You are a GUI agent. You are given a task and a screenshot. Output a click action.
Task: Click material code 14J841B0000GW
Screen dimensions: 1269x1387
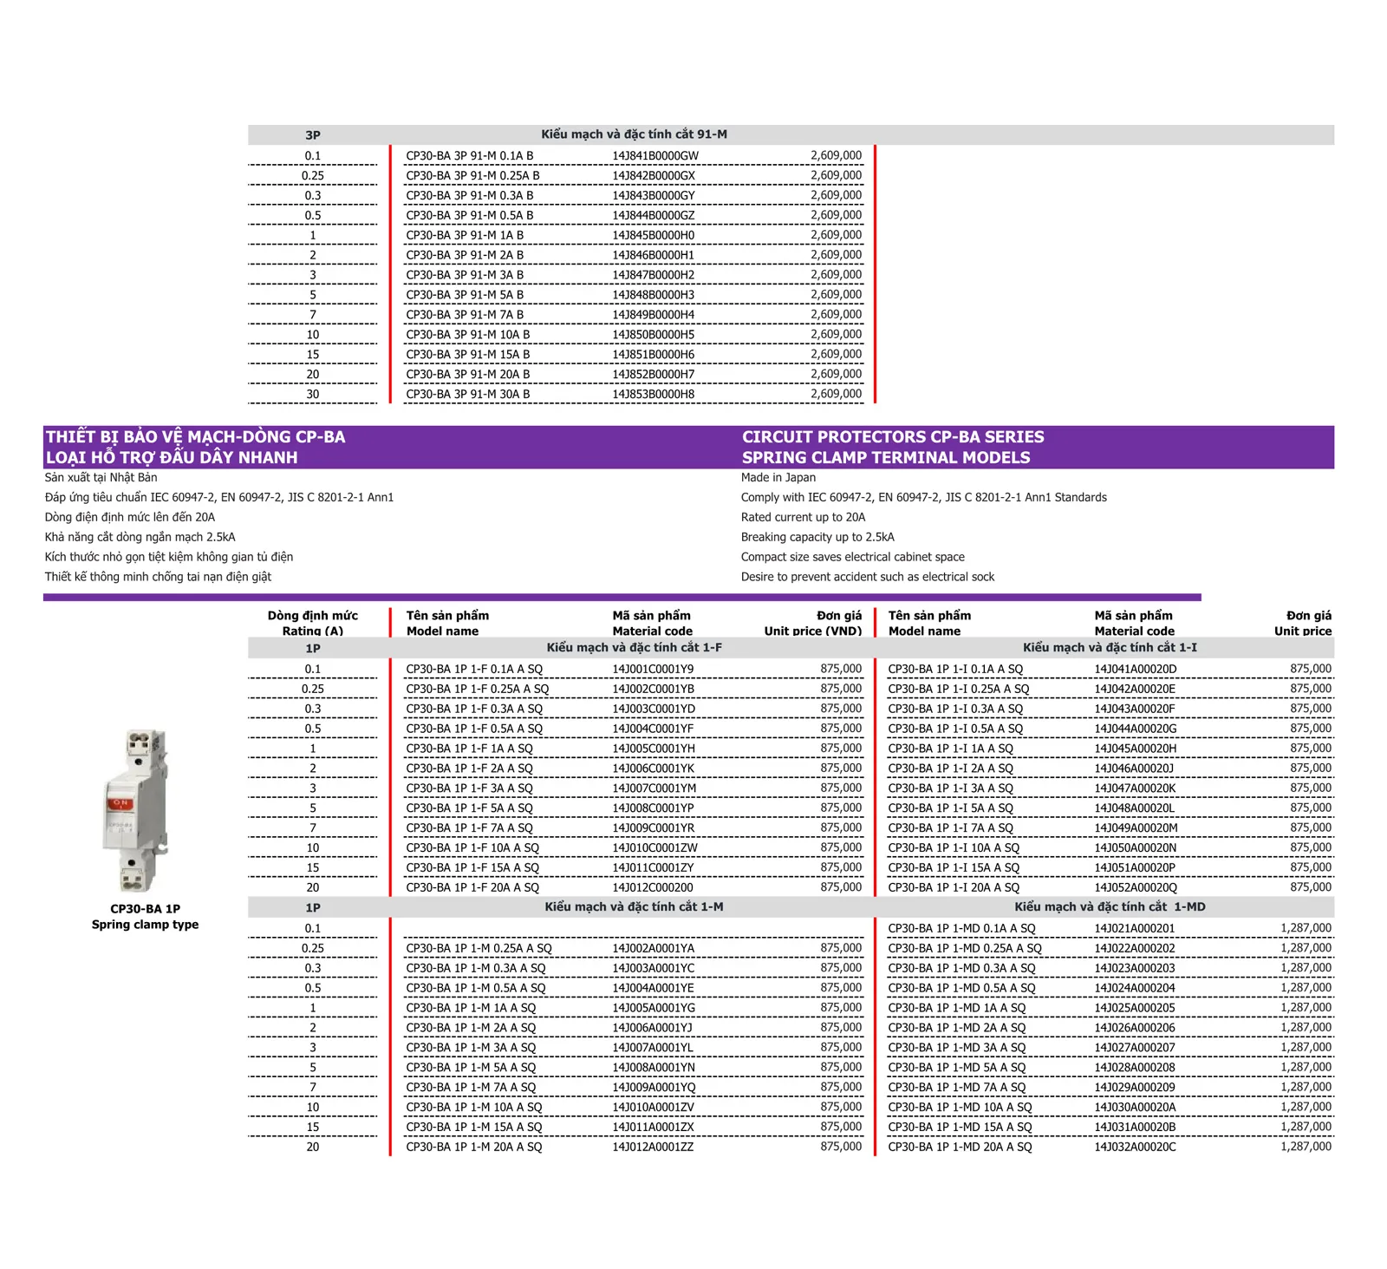(x=654, y=156)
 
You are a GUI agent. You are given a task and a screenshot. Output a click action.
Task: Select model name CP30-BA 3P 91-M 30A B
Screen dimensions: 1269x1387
(x=467, y=395)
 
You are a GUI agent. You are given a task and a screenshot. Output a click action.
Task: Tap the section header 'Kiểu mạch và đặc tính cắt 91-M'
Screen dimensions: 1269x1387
(x=634, y=134)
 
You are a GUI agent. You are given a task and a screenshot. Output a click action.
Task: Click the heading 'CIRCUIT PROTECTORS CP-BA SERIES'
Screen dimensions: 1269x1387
(x=892, y=437)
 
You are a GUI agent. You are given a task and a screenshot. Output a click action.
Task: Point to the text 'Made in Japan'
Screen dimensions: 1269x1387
(x=778, y=478)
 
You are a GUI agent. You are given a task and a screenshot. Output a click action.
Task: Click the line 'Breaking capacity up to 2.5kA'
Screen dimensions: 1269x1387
(x=817, y=538)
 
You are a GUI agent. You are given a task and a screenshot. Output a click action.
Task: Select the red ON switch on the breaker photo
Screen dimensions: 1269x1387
(x=120, y=803)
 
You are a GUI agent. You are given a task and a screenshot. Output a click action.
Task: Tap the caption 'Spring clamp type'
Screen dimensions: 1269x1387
(x=145, y=925)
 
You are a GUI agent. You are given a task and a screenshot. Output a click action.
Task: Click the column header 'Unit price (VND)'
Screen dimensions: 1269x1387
(x=812, y=631)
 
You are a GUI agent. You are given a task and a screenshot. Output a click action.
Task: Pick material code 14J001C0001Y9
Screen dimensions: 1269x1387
(x=653, y=670)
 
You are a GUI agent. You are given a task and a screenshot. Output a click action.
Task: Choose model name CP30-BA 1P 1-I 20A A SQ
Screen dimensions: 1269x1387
(x=953, y=888)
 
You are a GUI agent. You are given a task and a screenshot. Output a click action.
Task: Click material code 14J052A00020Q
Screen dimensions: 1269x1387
(x=1135, y=888)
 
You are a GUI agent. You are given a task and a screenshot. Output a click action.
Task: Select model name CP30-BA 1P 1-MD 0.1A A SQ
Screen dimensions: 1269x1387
(x=961, y=929)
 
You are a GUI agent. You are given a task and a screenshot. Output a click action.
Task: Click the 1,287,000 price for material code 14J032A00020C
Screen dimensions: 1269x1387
(x=1306, y=1148)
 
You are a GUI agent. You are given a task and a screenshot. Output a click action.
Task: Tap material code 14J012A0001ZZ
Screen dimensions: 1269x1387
(x=653, y=1148)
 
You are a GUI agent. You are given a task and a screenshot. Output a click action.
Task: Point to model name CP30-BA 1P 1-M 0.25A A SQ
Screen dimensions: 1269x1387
(x=479, y=949)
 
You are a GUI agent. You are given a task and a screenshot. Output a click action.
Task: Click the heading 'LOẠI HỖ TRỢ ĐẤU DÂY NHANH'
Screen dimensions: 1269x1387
(x=172, y=458)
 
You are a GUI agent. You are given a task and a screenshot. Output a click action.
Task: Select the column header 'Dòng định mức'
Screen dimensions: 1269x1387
(x=312, y=616)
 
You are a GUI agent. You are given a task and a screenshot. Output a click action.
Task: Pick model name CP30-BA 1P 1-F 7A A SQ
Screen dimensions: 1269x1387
(x=469, y=828)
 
